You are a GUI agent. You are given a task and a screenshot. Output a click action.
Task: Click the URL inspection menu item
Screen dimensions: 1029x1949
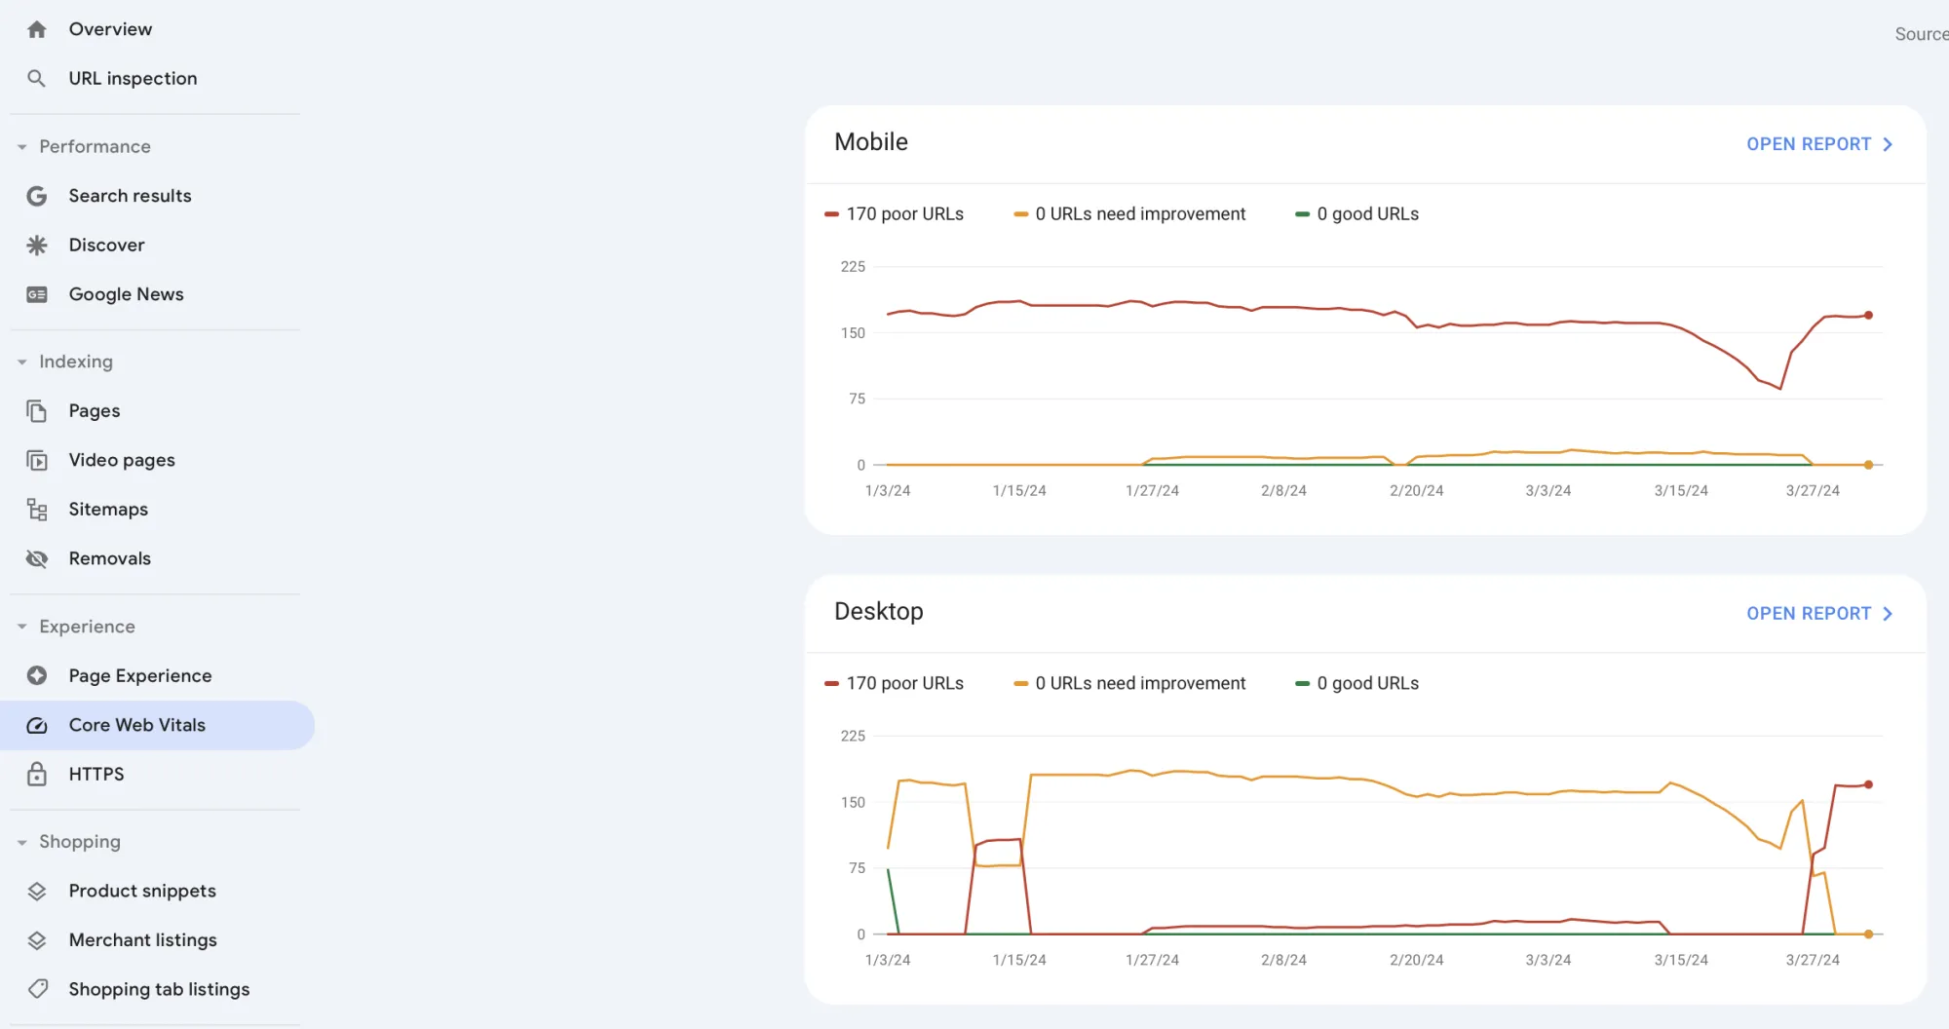[x=133, y=78]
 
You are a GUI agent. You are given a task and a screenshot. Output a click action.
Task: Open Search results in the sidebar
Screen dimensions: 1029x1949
[x=130, y=196]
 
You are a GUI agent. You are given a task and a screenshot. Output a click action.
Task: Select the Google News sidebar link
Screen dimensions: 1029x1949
[x=126, y=294]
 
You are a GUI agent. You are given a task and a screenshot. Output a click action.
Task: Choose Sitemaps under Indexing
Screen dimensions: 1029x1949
[x=108, y=510]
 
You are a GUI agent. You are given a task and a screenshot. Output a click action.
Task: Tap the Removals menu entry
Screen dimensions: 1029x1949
[x=109, y=558]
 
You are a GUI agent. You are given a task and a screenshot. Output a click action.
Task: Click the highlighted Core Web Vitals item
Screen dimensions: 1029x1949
[x=136, y=725]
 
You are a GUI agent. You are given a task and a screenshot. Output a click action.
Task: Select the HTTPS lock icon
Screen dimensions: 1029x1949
[x=37, y=775]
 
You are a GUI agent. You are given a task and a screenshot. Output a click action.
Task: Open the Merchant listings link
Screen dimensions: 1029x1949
[x=142, y=940]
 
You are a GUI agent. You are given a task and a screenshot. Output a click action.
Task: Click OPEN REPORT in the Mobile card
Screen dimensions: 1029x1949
[x=1818, y=144]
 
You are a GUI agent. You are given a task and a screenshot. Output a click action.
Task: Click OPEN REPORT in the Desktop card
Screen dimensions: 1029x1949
[x=1818, y=614]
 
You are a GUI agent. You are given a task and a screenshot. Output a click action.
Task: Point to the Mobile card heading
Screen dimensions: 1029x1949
[x=870, y=142]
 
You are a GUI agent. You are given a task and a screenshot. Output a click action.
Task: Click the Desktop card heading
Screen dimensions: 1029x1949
[x=878, y=612]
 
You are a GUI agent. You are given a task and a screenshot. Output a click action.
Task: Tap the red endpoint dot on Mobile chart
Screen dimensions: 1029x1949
[x=1868, y=315]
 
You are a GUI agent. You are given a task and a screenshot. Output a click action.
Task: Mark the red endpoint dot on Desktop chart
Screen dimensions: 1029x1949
[x=1868, y=784]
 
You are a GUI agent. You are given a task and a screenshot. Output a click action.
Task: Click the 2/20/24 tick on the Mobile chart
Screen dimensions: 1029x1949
[x=1416, y=491]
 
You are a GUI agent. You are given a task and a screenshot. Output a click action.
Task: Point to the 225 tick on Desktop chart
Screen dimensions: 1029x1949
[x=853, y=737]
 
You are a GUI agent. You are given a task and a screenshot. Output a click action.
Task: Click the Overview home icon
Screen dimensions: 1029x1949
[x=37, y=30]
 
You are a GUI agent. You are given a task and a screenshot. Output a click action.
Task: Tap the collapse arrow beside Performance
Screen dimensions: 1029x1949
[x=21, y=147]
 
